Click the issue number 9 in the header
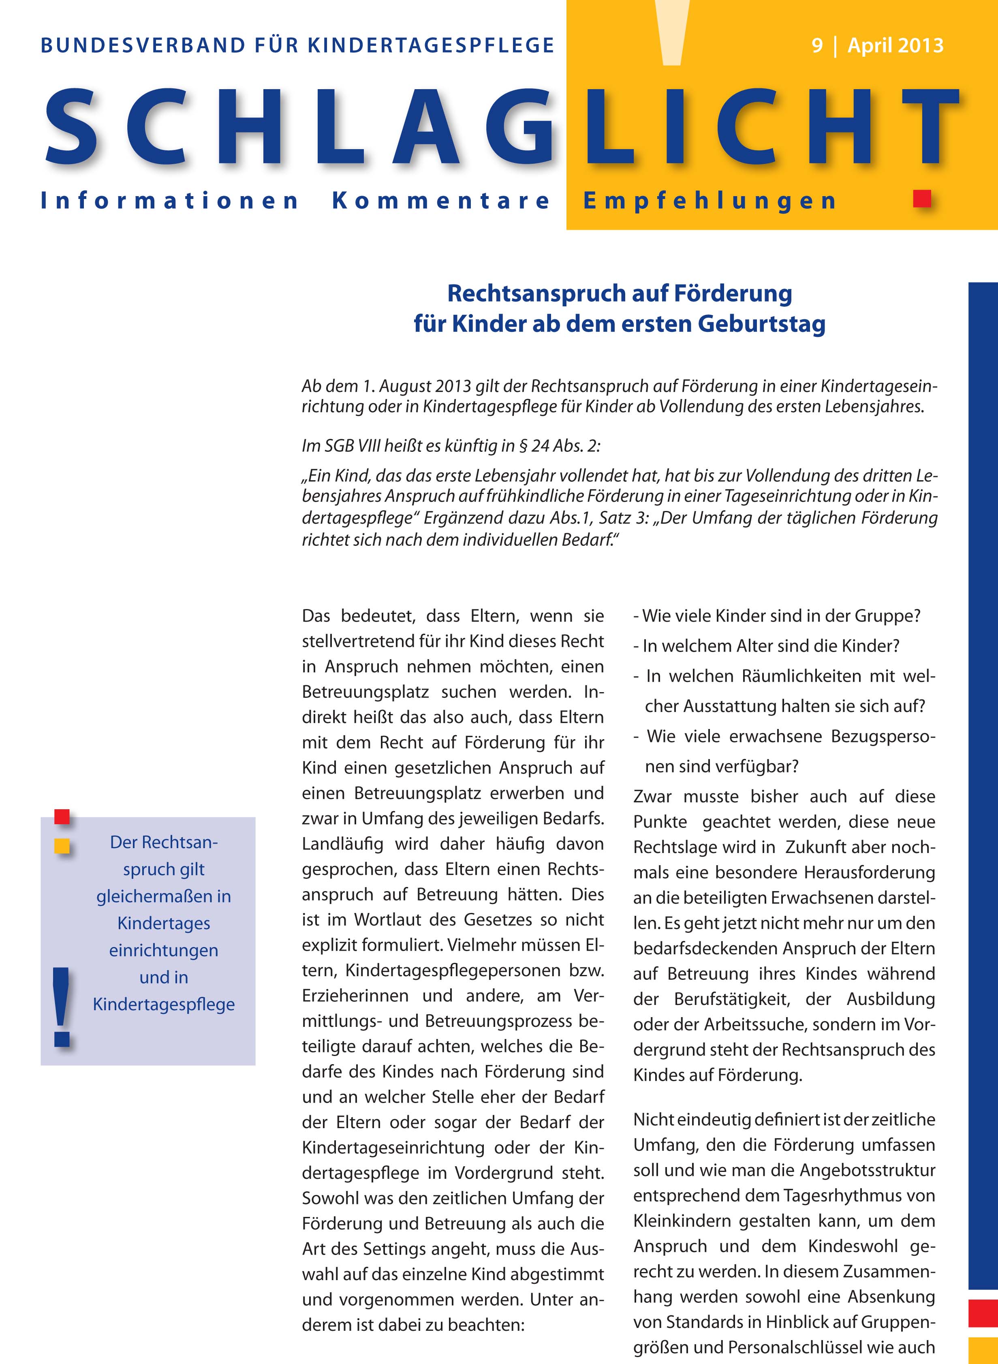(817, 46)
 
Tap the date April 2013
(895, 46)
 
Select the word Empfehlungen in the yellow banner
(710, 201)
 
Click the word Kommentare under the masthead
(441, 201)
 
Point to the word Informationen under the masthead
(169, 201)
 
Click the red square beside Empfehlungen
(922, 199)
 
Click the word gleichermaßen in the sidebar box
(163, 896)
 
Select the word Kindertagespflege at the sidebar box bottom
(163, 1004)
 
